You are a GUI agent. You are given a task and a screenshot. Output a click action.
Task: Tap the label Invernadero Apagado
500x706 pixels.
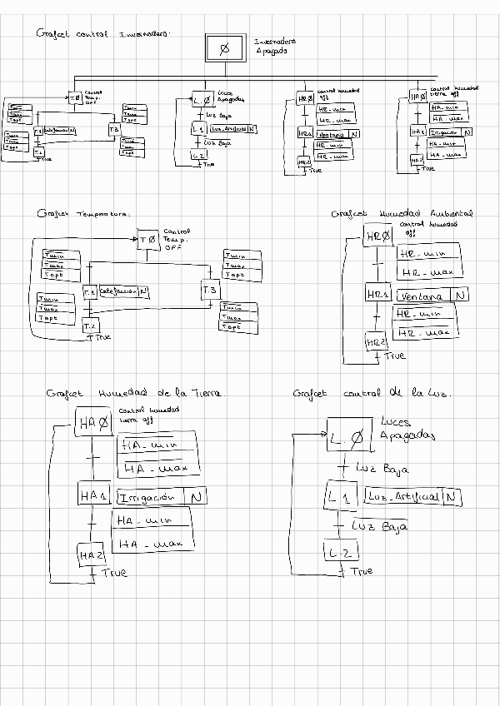click(x=274, y=46)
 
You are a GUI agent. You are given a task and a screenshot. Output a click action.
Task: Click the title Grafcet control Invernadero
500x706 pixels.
click(x=103, y=35)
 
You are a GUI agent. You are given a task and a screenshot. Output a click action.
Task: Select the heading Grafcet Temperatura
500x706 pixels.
click(x=83, y=214)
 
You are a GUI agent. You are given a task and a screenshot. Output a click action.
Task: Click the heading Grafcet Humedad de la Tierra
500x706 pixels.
click(x=135, y=393)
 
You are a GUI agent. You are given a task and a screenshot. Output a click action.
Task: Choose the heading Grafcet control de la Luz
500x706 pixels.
click(x=372, y=393)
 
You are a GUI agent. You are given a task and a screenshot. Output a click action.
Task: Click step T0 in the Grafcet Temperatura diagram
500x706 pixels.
click(x=147, y=240)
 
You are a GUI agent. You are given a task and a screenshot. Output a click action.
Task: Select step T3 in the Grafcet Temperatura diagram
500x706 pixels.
click(x=210, y=290)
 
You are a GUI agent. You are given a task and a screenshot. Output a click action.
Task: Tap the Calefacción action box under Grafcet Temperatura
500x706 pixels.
click(x=119, y=291)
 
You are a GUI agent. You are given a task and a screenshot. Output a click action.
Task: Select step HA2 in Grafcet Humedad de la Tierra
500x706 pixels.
click(x=92, y=554)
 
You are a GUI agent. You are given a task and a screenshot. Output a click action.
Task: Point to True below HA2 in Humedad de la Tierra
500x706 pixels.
click(x=114, y=573)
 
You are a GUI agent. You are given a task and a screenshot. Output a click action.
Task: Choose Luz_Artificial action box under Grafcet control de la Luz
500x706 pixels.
click(x=405, y=497)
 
